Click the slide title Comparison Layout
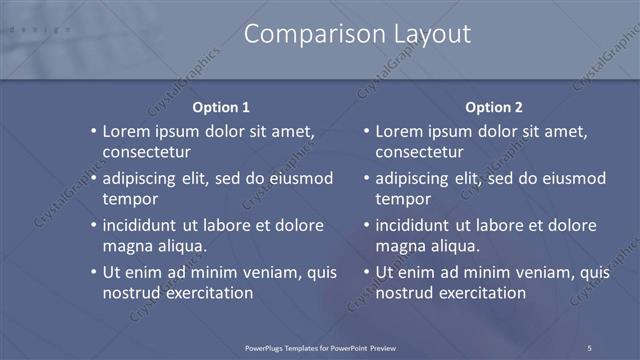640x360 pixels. [357, 34]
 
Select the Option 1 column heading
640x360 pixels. [221, 107]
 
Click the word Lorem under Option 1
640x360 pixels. [128, 131]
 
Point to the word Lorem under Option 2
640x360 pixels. [401, 131]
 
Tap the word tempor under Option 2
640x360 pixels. [402, 200]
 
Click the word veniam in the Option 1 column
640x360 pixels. [267, 272]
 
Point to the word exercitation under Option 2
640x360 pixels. [479, 293]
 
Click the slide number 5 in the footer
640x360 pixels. [590, 347]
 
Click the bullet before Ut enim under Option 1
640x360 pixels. [93, 272]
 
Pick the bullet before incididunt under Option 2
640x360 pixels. [366, 225]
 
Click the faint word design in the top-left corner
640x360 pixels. [40, 29]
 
